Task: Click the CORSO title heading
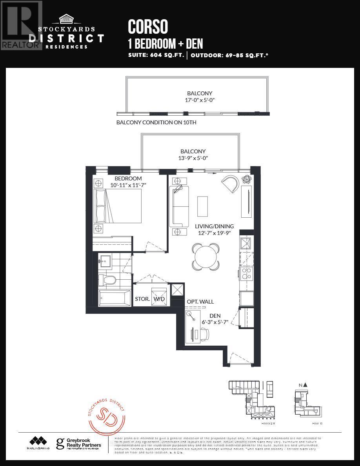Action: [148, 27]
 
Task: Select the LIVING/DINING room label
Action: [214, 226]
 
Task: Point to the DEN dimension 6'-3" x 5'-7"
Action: [215, 322]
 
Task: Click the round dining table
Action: [206, 257]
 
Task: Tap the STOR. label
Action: [142, 299]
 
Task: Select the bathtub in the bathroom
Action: [114, 299]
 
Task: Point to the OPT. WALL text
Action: [200, 302]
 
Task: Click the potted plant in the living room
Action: [246, 179]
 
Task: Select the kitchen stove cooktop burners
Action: [246, 273]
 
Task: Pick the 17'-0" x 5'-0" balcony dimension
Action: [200, 100]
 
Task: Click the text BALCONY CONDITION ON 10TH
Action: [156, 122]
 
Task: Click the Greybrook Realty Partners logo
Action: [79, 444]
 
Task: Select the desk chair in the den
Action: [204, 333]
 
